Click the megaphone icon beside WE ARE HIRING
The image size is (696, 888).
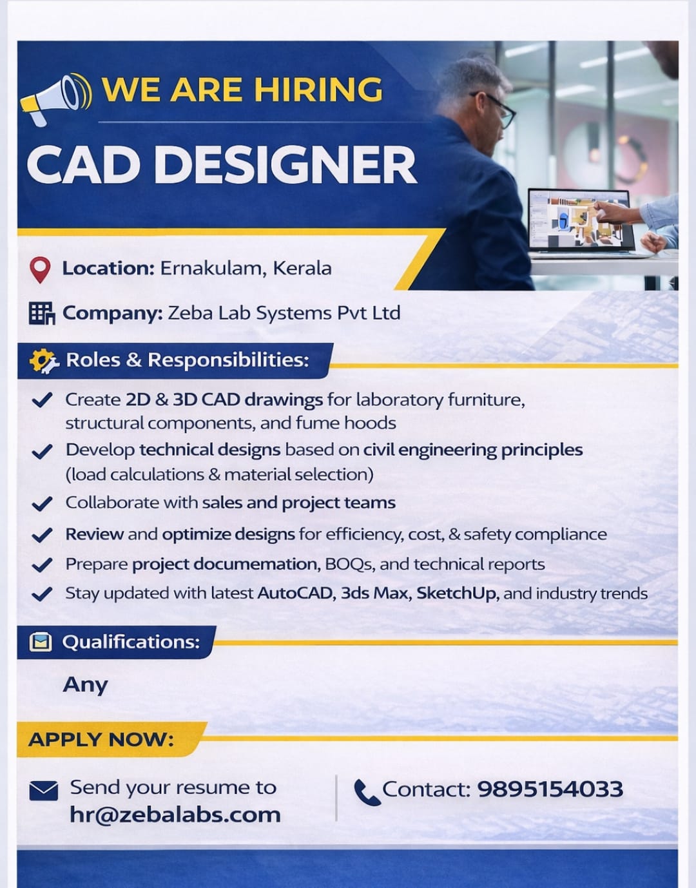tap(56, 99)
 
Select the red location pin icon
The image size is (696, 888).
tap(40, 270)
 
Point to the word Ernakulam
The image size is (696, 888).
tap(213, 268)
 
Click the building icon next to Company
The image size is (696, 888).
tap(42, 313)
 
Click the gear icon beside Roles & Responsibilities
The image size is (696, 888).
tap(43, 361)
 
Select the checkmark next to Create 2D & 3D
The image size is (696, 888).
tap(42, 400)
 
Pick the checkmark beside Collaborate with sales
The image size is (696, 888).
tap(42, 503)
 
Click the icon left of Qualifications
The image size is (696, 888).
tap(41, 642)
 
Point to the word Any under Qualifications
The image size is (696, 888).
tap(86, 685)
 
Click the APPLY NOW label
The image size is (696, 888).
tap(101, 739)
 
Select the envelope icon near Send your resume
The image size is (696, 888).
tap(44, 790)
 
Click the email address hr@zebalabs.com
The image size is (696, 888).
tap(175, 815)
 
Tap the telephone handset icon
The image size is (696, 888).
tap(367, 793)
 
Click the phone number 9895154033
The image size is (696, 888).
tap(550, 789)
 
